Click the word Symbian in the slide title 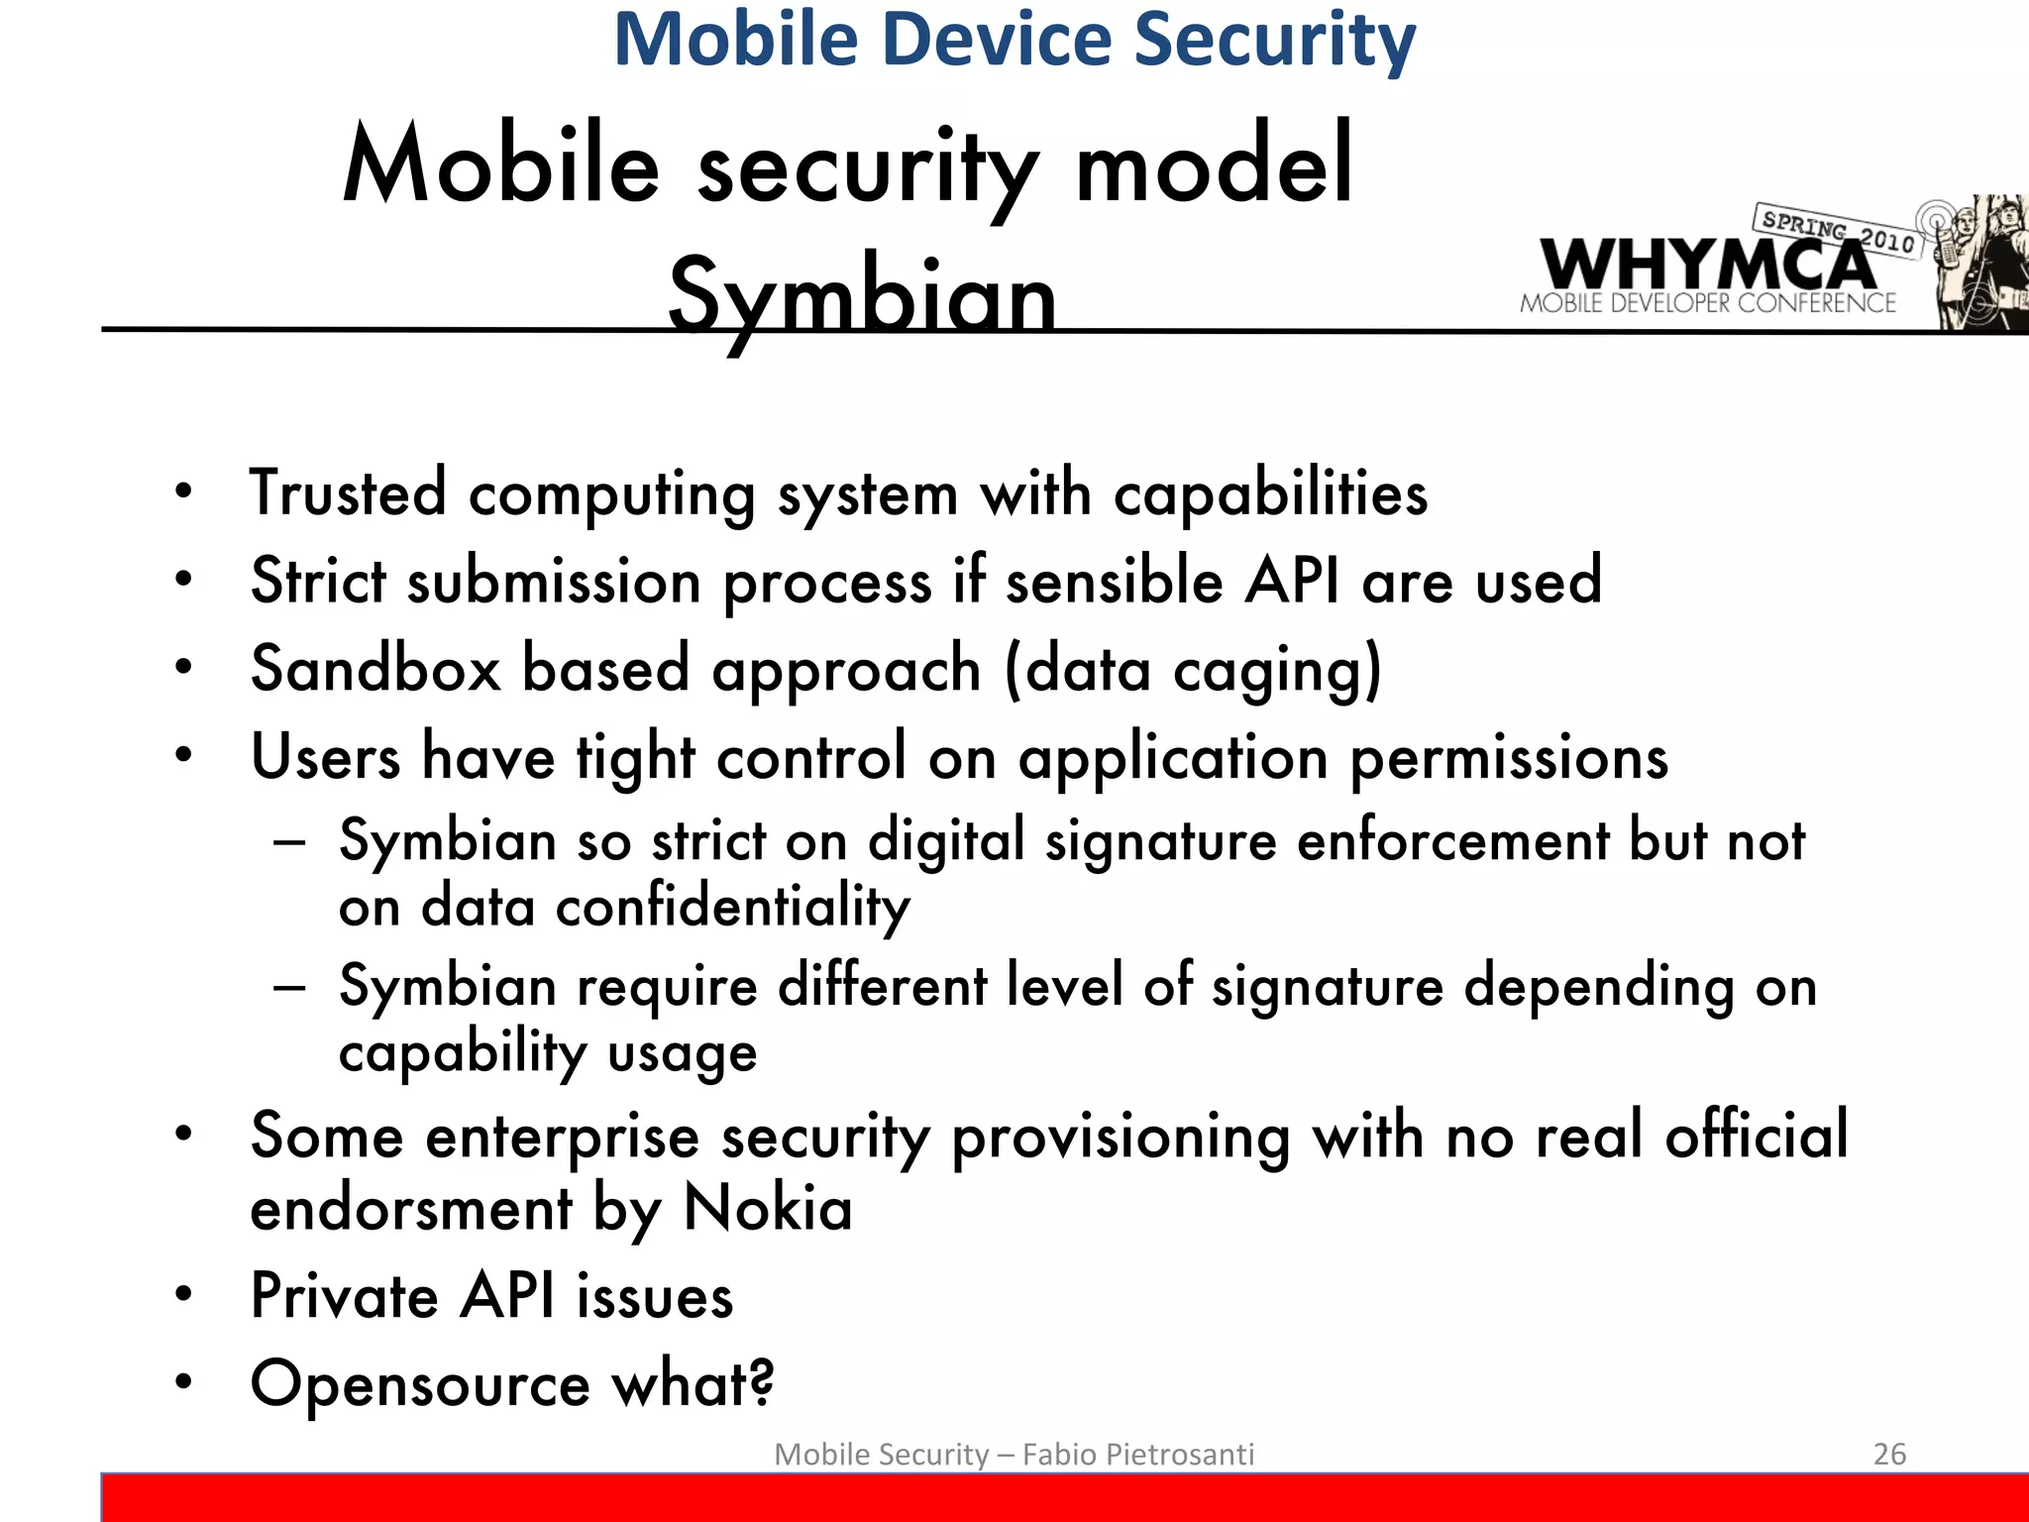click(862, 295)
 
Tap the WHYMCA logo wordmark click(1706, 264)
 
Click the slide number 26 click(1889, 1454)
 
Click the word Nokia click(768, 1208)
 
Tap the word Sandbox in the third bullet click(375, 668)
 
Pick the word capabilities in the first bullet click(1270, 493)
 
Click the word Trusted click(348, 493)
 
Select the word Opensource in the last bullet click(420, 1384)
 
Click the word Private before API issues click(344, 1296)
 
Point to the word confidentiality click(732, 907)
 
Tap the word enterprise click(562, 1137)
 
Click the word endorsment click(411, 1209)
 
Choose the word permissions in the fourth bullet click(1509, 758)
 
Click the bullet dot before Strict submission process click(183, 580)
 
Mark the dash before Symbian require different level click(289, 987)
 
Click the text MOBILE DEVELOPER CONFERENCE click(1708, 303)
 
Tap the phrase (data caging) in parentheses click(1193, 670)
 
